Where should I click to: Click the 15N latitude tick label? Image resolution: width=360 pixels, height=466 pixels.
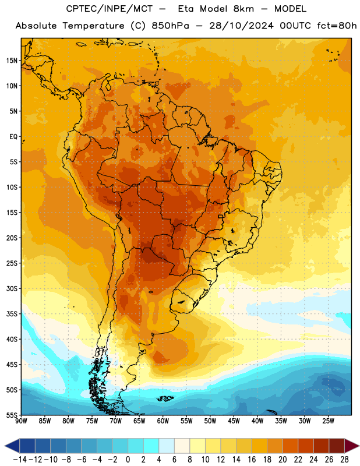click(12, 61)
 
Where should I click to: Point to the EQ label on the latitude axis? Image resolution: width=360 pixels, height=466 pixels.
click(13, 137)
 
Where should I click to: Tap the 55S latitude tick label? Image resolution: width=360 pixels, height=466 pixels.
click(12, 415)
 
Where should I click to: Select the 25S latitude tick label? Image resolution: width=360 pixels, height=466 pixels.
click(12, 263)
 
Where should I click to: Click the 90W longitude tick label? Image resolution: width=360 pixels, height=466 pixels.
click(22, 421)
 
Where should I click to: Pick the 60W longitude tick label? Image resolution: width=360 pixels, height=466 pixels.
click(163, 421)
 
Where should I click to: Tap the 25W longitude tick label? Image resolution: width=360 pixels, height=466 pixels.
click(328, 421)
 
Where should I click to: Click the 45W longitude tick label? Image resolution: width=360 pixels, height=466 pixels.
click(234, 421)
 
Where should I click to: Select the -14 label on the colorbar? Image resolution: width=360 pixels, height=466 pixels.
click(20, 460)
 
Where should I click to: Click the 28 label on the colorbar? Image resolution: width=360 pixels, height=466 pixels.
click(344, 460)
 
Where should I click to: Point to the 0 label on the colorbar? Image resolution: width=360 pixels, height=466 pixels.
click(128, 460)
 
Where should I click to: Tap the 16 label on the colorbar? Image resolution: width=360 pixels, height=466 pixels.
click(252, 460)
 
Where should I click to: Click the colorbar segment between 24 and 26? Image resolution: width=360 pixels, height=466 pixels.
click(321, 446)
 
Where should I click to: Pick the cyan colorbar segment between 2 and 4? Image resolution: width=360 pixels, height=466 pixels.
click(151, 446)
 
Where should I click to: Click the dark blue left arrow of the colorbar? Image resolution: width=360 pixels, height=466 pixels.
click(12, 446)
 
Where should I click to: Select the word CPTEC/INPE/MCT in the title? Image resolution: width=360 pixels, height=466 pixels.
click(110, 9)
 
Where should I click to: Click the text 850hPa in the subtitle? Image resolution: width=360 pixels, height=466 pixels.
click(170, 26)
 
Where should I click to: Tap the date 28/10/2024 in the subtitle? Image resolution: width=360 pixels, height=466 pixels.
click(241, 26)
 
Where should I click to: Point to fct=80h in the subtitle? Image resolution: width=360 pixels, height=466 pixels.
click(337, 26)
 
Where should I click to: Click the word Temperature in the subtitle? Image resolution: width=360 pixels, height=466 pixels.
click(93, 26)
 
